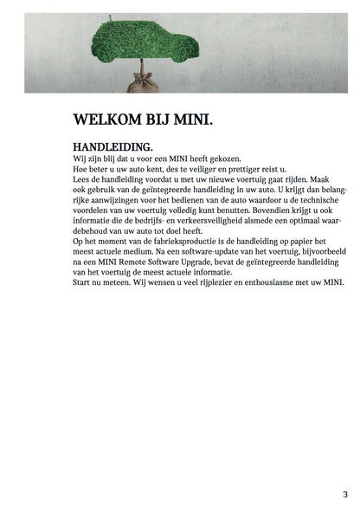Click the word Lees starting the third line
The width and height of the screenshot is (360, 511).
coord(82,180)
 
